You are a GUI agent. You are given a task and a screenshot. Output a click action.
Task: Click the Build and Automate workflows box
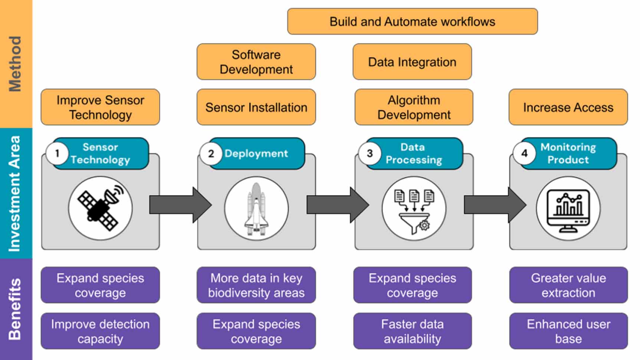point(412,22)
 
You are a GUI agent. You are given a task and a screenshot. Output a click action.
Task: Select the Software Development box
point(256,62)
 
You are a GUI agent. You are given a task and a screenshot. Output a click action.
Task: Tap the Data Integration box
point(412,62)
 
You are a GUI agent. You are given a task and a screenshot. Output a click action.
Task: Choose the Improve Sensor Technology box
point(100,107)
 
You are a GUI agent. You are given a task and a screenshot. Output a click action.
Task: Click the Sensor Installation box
point(256,107)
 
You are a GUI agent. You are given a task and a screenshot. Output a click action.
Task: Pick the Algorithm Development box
point(414,107)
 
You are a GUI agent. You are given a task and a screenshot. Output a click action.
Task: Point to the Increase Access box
point(568,107)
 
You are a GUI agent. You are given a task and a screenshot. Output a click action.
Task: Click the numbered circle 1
point(57,153)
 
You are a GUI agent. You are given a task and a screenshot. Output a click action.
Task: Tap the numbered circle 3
point(370,153)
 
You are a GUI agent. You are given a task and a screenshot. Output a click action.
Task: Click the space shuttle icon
point(256,209)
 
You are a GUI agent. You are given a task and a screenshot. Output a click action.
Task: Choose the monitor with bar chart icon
point(568,209)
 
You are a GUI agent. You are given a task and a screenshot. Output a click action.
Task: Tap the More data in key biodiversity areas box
point(256,285)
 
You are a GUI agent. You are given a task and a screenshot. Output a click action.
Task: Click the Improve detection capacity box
point(100,331)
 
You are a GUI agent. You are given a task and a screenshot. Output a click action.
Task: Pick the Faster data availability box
point(412,331)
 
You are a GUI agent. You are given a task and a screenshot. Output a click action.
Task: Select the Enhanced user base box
point(568,331)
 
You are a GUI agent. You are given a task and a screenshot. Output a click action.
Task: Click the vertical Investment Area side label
point(16,193)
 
